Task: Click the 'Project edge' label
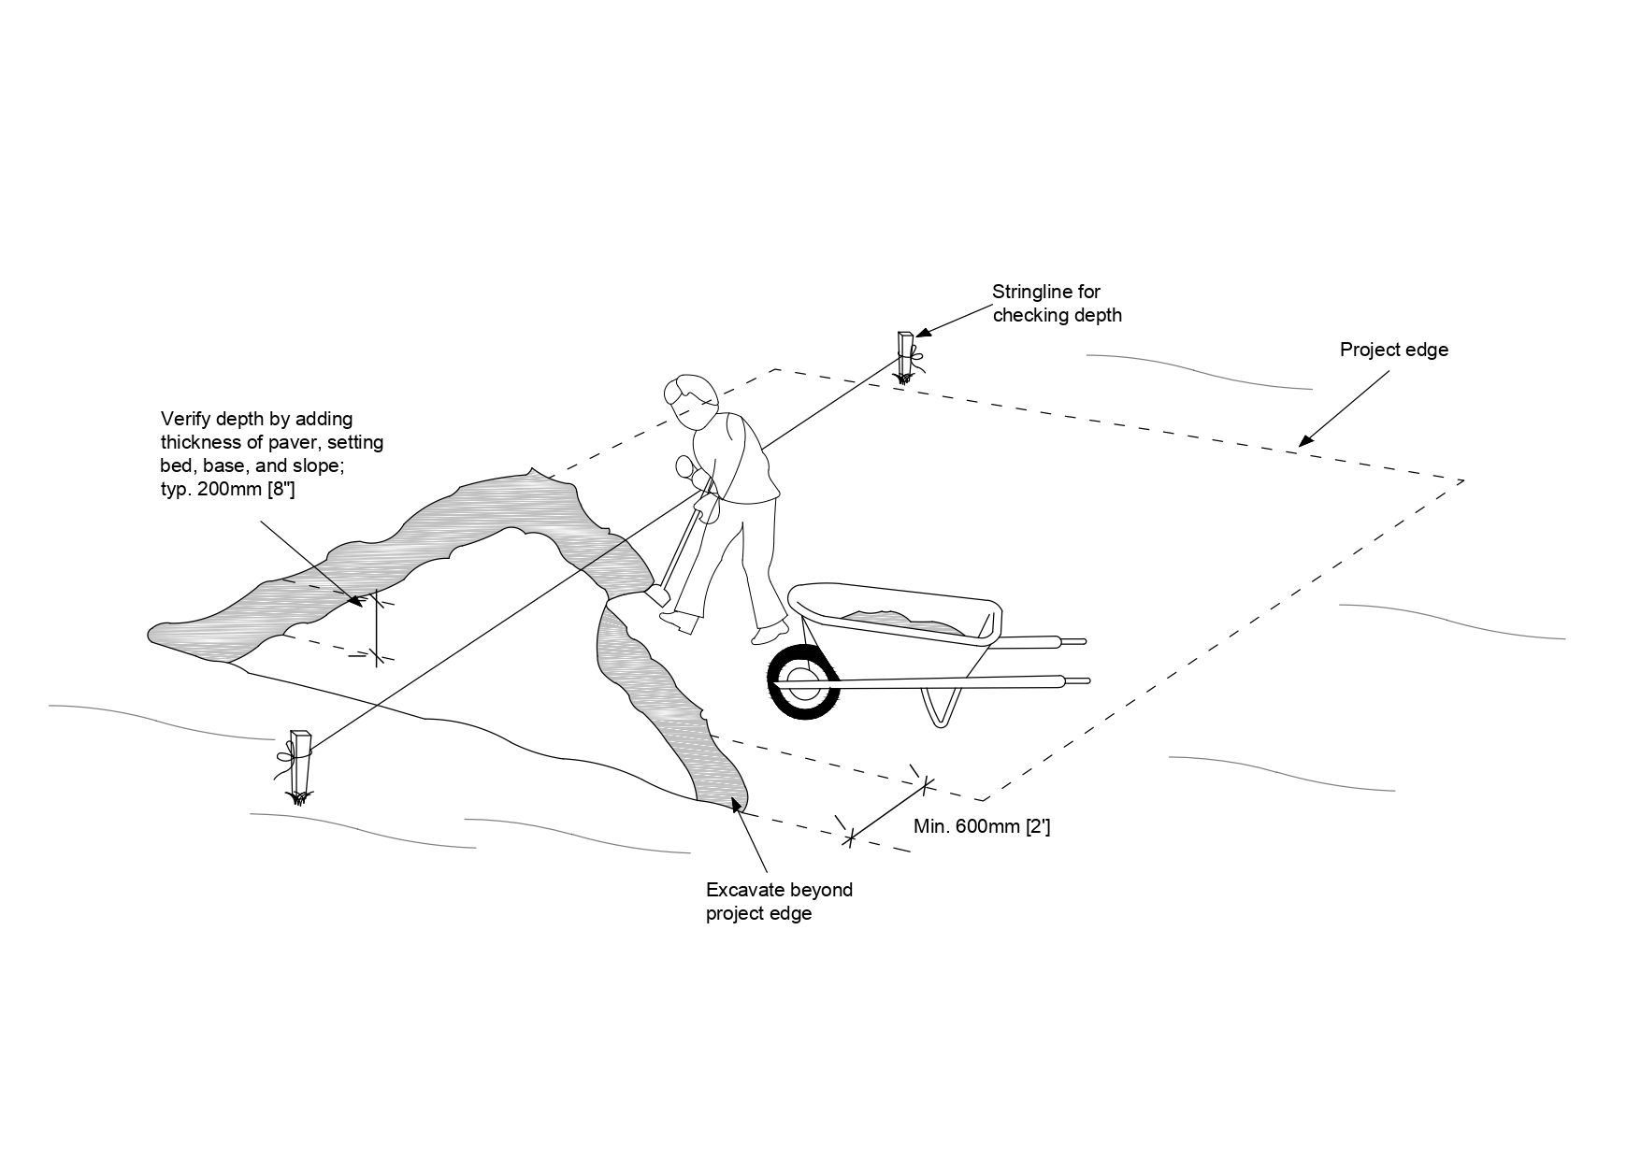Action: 1393,350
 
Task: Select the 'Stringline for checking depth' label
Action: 1057,304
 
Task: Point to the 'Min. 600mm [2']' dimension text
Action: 981,826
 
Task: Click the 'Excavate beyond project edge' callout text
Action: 779,901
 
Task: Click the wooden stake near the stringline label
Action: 904,355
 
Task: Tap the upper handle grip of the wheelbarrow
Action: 1072,642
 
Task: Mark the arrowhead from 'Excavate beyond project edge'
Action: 737,804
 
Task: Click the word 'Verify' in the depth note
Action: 185,419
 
